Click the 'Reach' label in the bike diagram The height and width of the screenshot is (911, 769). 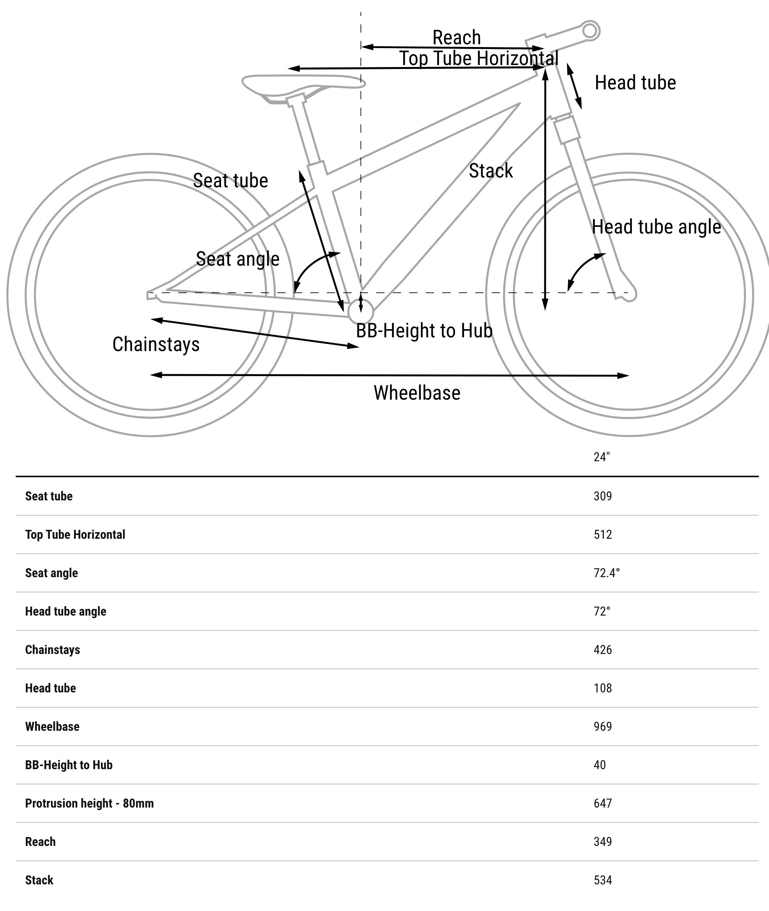point(457,38)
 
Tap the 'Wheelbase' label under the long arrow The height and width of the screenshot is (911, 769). point(417,393)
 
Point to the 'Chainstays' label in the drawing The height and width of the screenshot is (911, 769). point(156,344)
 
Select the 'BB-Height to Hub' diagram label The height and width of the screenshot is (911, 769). point(424,331)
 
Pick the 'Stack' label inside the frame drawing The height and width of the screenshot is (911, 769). point(490,171)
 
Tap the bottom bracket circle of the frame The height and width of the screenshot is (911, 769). point(361,311)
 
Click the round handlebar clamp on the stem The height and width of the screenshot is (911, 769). point(589,31)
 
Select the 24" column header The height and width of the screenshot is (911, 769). point(601,457)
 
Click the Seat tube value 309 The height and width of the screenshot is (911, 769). point(602,496)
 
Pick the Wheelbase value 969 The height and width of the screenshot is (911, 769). point(602,726)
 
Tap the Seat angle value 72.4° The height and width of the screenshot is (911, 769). point(606,573)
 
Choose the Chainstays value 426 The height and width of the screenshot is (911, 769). point(602,650)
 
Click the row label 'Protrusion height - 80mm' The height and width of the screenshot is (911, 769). point(89,803)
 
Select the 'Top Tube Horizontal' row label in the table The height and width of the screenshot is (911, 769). point(75,534)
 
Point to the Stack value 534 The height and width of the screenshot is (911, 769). point(602,880)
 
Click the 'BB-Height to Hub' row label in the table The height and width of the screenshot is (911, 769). point(69,764)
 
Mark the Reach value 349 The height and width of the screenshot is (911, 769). point(602,841)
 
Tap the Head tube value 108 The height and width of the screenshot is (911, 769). point(602,688)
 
